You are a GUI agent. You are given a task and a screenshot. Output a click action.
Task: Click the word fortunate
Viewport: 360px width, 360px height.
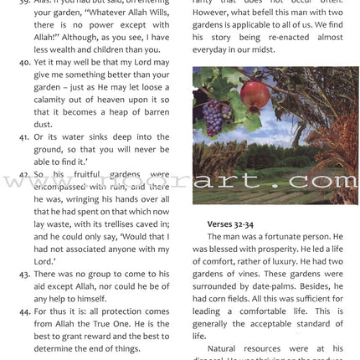click(x=296, y=238)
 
